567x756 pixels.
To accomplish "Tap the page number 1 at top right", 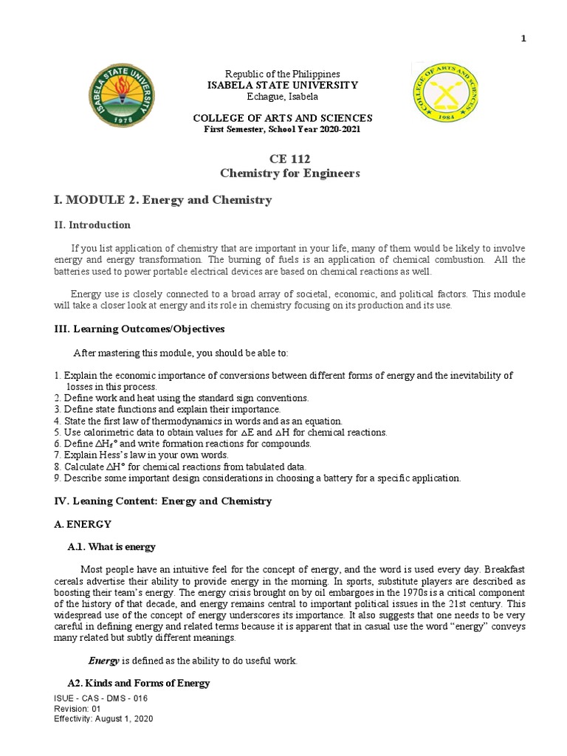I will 523,39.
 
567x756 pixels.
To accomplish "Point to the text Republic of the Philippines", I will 282,74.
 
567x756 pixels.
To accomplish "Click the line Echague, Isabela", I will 282,96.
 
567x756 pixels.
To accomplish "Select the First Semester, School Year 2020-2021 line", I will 282,129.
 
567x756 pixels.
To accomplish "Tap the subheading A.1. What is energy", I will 111,547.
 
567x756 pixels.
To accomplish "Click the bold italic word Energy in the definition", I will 104,661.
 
